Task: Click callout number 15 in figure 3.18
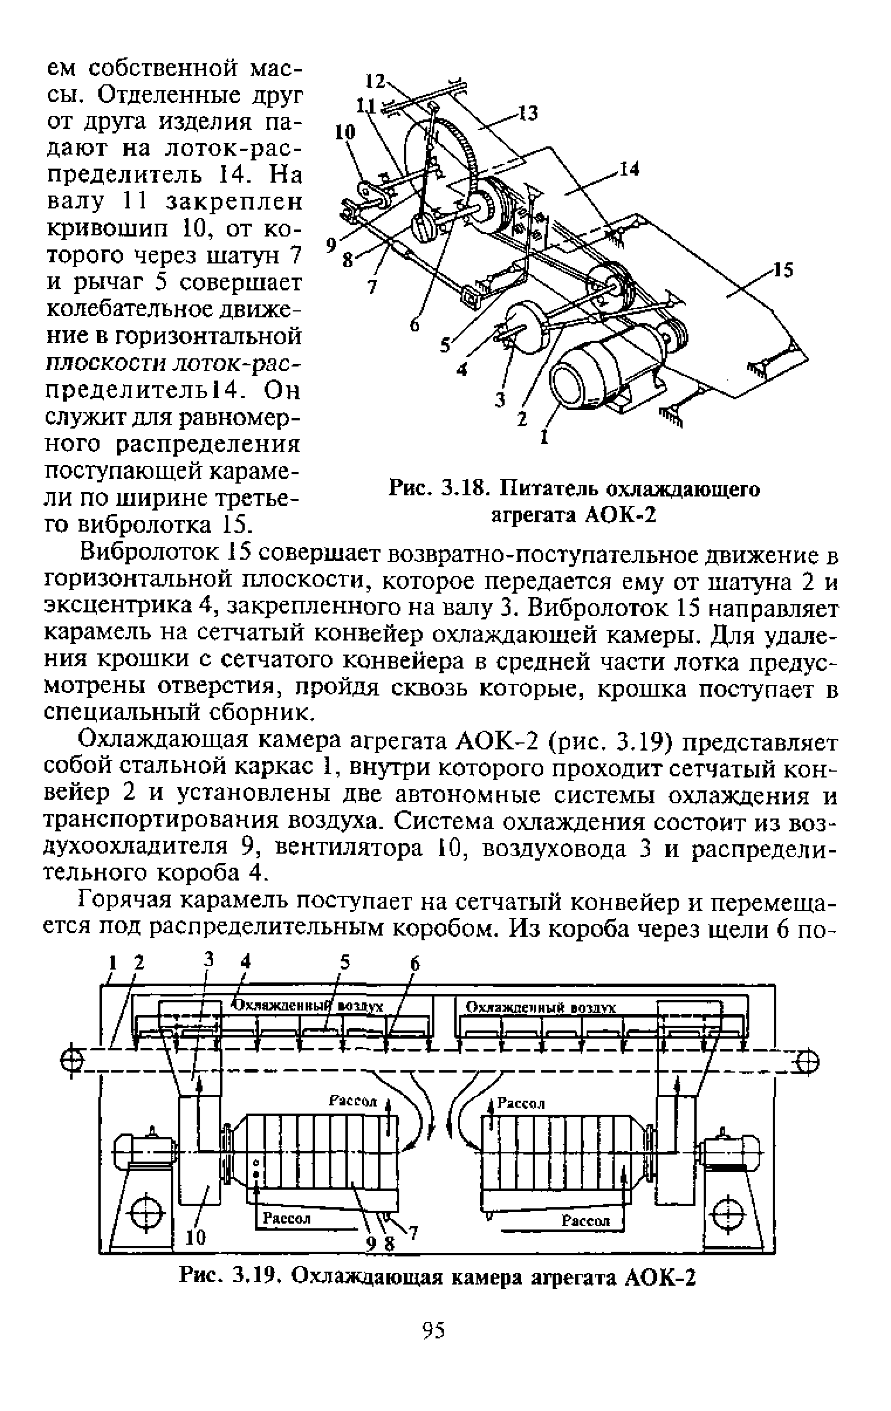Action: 783,270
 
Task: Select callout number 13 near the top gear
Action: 529,113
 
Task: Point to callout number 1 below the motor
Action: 544,437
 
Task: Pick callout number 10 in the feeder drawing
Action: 345,133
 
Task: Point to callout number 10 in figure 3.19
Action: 196,1237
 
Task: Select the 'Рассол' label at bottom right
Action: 586,1221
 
